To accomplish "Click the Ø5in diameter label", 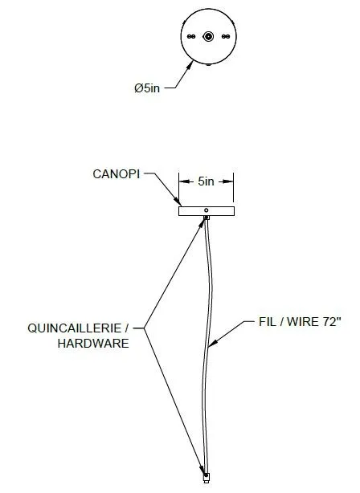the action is click(x=147, y=88).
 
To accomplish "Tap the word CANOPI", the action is click(x=117, y=174).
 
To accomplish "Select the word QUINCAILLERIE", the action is click(x=74, y=328).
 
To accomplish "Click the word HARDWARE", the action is click(x=93, y=344).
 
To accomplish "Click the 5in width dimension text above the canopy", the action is click(x=207, y=181).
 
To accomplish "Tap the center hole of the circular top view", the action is click(x=208, y=36).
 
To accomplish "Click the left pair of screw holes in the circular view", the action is click(x=191, y=36).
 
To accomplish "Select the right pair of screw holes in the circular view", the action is click(x=226, y=36).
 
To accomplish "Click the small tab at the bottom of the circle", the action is click(x=208, y=65).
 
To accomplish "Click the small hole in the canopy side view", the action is click(x=207, y=210).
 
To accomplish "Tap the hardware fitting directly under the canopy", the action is click(x=207, y=218).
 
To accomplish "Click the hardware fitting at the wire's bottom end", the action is click(x=207, y=478).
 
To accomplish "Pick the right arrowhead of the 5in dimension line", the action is click(x=228, y=181).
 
